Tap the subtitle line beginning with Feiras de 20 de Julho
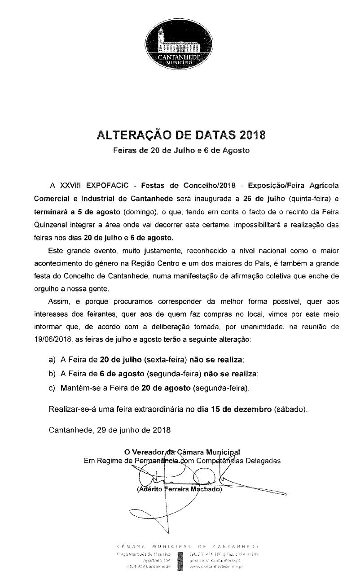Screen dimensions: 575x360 180,151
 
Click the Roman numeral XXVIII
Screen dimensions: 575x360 71,185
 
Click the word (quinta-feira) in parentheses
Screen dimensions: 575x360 309,198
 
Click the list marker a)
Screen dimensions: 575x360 52,360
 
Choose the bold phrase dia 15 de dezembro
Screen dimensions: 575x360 233,409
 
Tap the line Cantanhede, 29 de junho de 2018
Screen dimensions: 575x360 109,430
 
